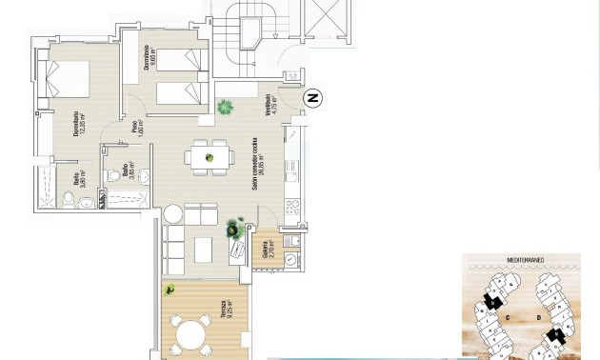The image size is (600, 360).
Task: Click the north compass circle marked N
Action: coord(311,97)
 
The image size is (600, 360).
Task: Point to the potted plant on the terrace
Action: coord(170,290)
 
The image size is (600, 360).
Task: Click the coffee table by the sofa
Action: coord(204,249)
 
